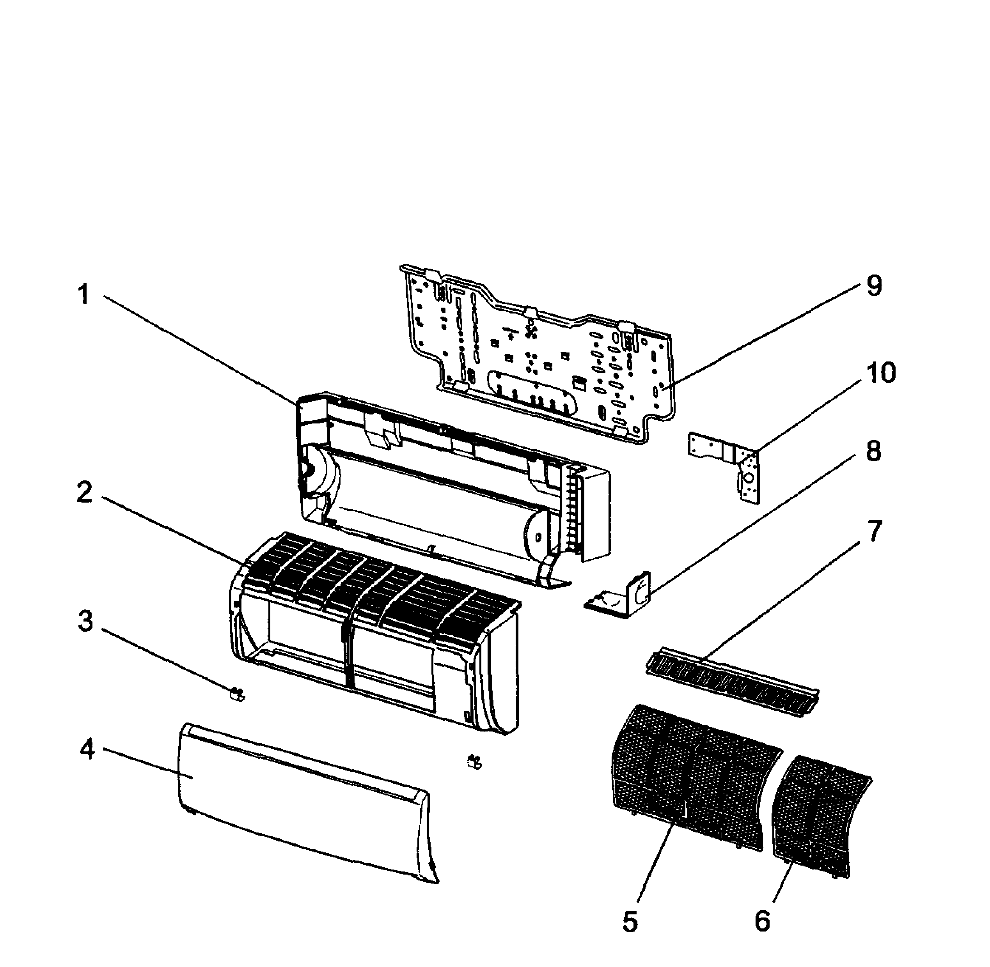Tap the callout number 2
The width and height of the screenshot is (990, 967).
84,492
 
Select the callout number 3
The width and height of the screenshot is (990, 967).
85,622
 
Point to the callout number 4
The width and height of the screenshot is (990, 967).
87,750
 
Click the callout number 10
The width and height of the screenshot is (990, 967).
880,373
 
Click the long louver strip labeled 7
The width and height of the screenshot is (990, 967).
731,685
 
